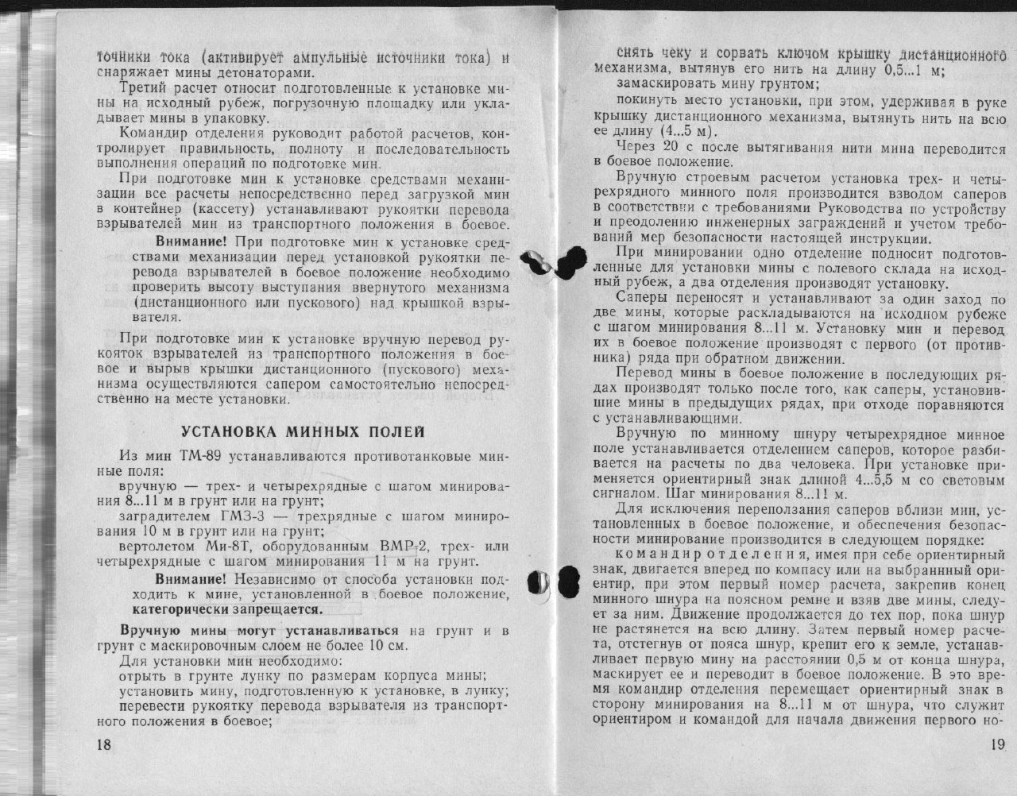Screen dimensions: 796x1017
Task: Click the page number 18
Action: point(103,744)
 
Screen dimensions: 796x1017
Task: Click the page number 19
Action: point(998,744)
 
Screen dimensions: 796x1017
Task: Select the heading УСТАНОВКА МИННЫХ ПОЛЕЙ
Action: point(303,431)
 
